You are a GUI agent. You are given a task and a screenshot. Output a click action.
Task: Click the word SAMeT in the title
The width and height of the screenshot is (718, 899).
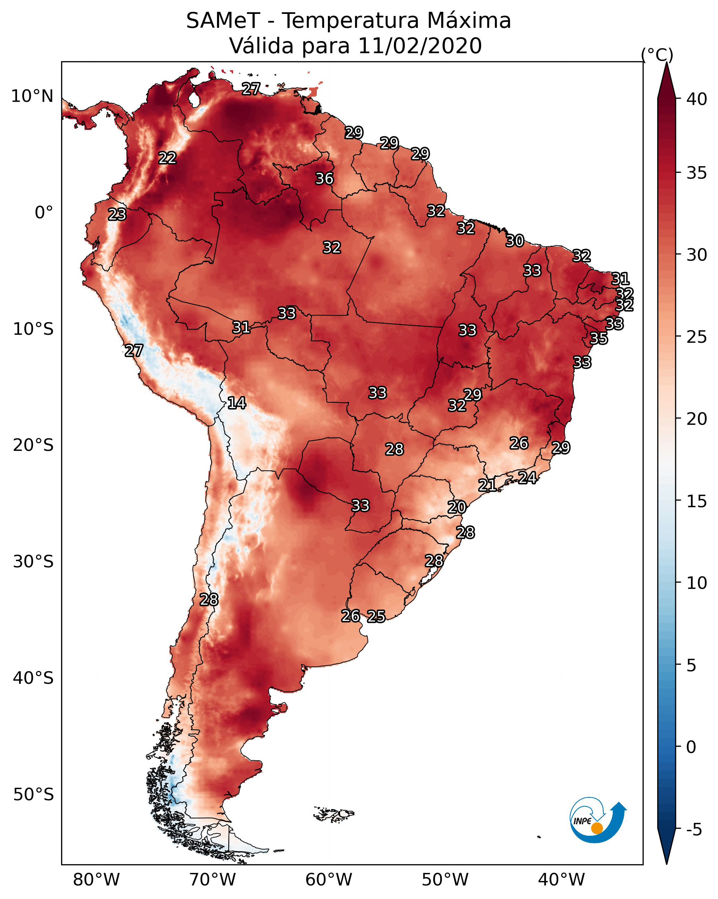tap(223, 21)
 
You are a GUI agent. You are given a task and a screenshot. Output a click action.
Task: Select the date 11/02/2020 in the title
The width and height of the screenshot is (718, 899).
tap(420, 46)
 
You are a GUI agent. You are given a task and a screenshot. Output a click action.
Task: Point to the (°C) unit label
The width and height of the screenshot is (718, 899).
tap(657, 55)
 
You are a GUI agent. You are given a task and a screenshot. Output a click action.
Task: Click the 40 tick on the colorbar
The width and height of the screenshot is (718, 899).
tap(697, 99)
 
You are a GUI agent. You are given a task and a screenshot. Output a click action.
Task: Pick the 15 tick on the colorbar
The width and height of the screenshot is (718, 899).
tap(697, 502)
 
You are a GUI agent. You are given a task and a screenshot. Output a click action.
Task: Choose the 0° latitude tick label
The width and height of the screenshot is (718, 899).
tap(44, 213)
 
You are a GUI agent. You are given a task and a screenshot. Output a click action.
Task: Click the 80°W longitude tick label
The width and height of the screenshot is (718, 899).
tap(96, 880)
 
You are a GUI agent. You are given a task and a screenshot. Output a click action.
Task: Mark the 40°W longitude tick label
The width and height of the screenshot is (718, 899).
tap(561, 880)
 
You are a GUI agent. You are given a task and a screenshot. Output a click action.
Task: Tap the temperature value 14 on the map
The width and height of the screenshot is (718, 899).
tap(237, 403)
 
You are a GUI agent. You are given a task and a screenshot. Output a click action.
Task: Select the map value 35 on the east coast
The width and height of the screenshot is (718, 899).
tap(599, 339)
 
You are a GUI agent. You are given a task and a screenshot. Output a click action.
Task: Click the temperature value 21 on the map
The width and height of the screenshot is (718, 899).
tap(487, 485)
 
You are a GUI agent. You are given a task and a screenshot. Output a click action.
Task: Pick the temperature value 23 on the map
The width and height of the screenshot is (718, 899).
tap(117, 214)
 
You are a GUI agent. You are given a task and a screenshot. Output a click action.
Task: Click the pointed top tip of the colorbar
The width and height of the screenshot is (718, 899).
tap(666, 63)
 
